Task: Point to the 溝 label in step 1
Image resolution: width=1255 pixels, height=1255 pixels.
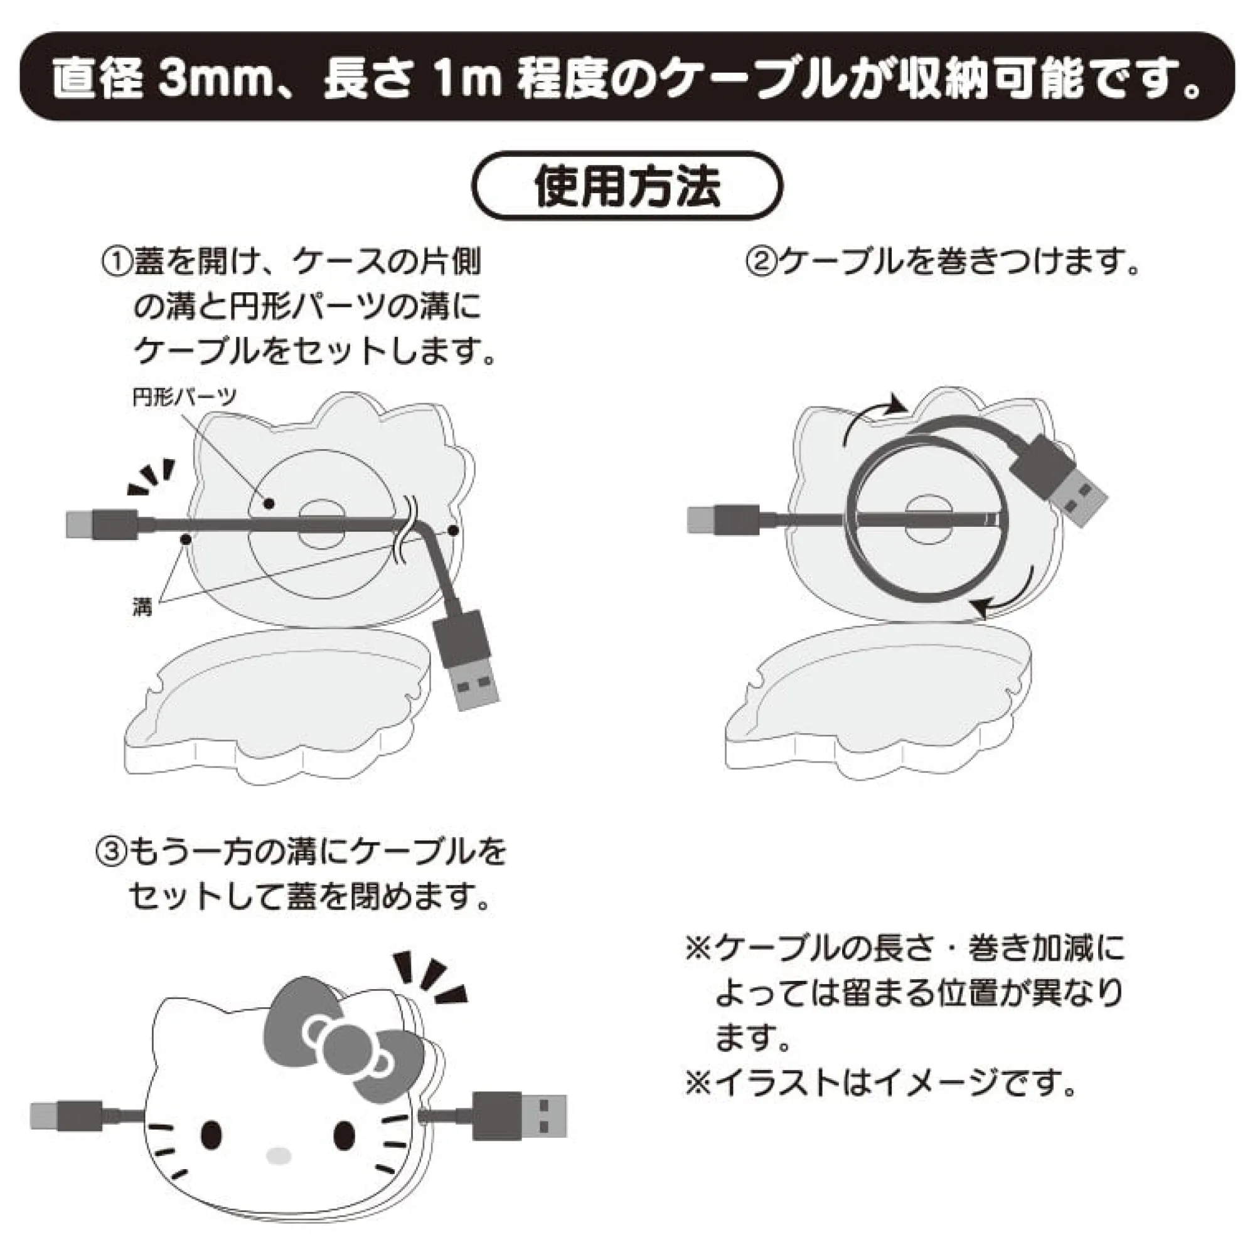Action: coord(142,607)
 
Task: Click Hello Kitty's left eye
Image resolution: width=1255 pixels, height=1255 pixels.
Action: coord(211,1134)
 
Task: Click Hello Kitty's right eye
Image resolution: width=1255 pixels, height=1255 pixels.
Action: coord(345,1134)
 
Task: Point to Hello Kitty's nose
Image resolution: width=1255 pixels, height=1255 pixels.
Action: coord(279,1156)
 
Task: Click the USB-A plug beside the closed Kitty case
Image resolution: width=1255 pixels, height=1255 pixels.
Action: coord(520,1116)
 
